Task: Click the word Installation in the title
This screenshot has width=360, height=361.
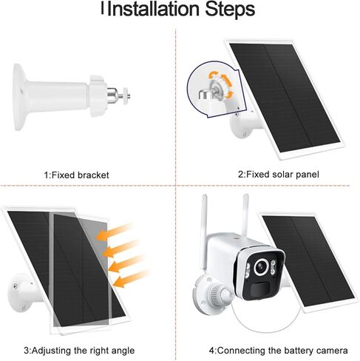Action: click(152, 10)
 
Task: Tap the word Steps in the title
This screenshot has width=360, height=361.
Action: click(228, 10)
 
